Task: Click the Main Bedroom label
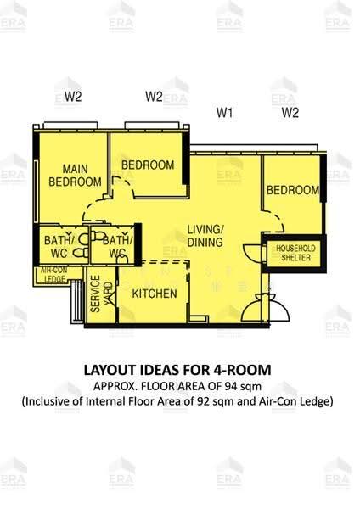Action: tap(75, 176)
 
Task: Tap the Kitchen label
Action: tap(155, 294)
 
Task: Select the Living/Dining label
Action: tap(205, 236)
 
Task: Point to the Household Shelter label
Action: tap(295, 253)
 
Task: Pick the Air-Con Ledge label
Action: tap(54, 275)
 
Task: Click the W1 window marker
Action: tap(225, 113)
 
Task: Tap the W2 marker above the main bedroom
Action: tap(73, 97)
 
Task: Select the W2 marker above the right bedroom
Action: tap(290, 113)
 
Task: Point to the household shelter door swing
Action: tap(253, 252)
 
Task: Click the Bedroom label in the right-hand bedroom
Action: tap(293, 190)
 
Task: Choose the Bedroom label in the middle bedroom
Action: tap(148, 165)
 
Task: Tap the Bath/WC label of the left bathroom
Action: tap(59, 247)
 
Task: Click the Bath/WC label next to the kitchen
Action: tap(118, 247)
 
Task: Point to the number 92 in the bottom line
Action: tap(204, 401)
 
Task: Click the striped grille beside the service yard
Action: tap(77, 302)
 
